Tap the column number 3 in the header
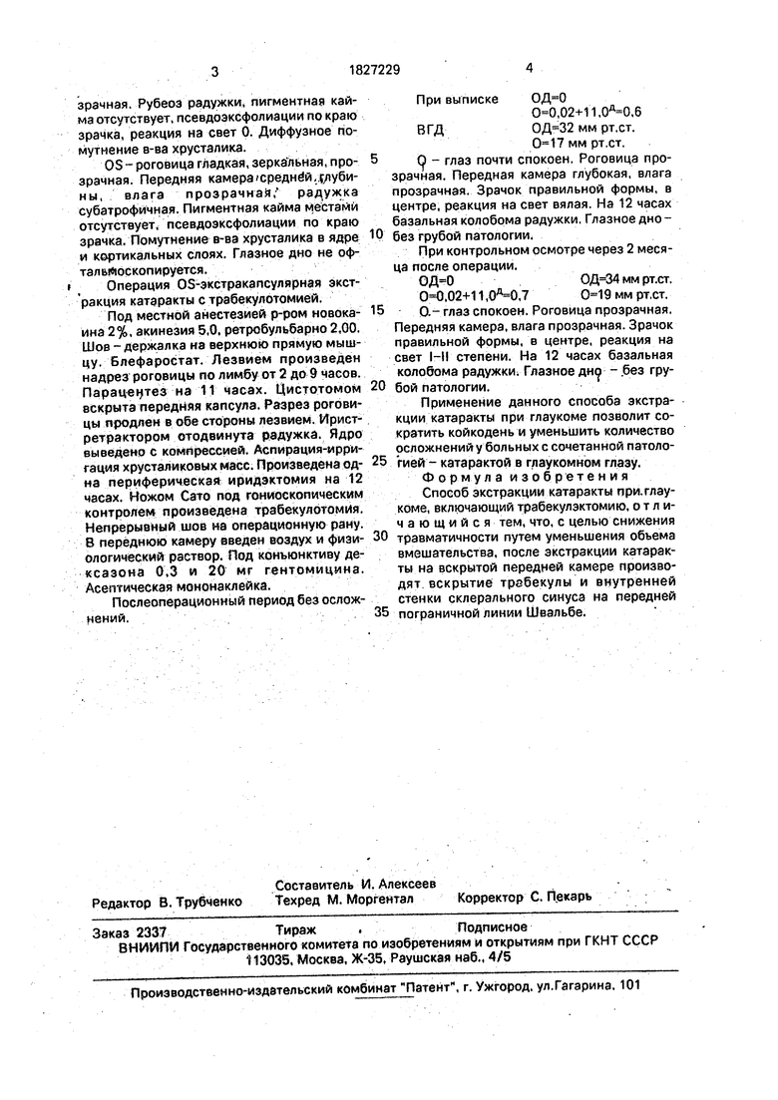coord(214,71)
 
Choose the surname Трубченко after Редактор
coord(201,902)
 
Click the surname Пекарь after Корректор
coord(570,896)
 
